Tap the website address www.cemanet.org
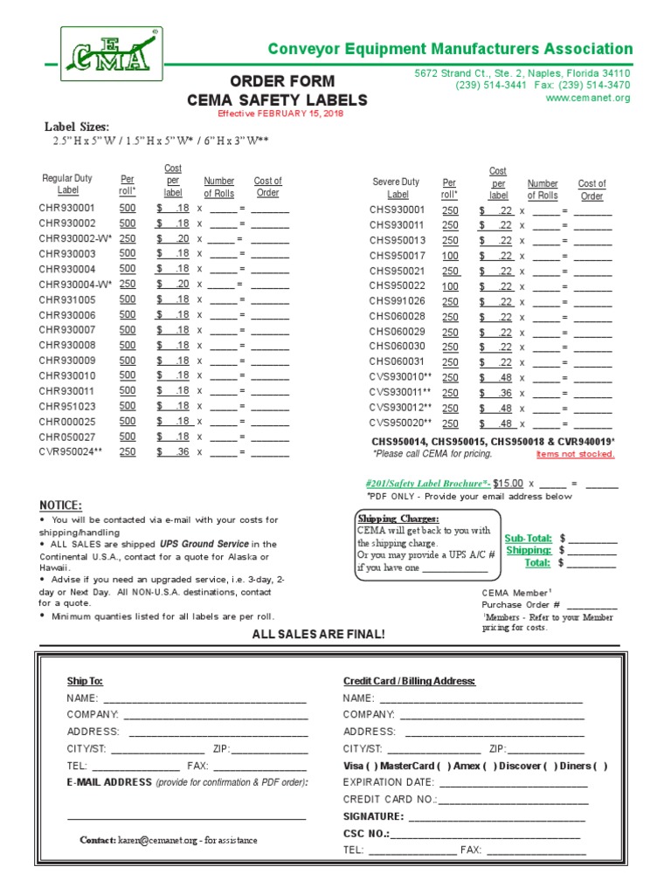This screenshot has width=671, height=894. click(x=587, y=99)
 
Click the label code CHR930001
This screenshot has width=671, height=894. click(x=66, y=209)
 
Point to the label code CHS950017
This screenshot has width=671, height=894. click(x=397, y=256)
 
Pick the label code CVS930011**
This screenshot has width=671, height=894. click(x=401, y=393)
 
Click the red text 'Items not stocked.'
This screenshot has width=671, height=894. click(x=575, y=454)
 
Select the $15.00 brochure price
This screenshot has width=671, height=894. click(x=508, y=483)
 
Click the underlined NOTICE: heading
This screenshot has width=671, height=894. click(x=60, y=505)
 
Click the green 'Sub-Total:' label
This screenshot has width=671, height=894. click(x=528, y=539)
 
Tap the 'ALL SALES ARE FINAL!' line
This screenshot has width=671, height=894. click(x=318, y=633)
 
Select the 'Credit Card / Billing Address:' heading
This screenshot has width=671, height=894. click(x=409, y=681)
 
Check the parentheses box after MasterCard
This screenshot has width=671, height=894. click(x=449, y=766)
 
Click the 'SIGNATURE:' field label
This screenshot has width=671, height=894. click(x=373, y=816)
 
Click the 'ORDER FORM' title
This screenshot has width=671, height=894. click(x=277, y=82)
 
